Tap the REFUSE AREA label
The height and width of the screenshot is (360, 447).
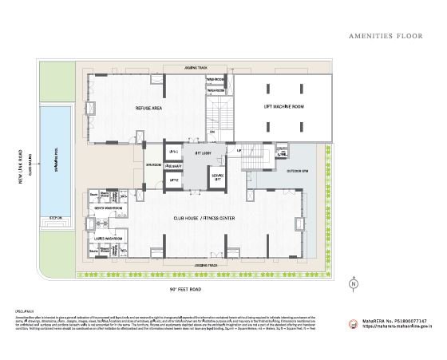[128, 106]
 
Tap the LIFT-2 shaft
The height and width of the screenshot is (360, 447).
[173, 180]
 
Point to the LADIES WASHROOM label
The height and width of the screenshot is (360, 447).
[110, 238]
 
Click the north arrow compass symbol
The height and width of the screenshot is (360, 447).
[353, 283]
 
